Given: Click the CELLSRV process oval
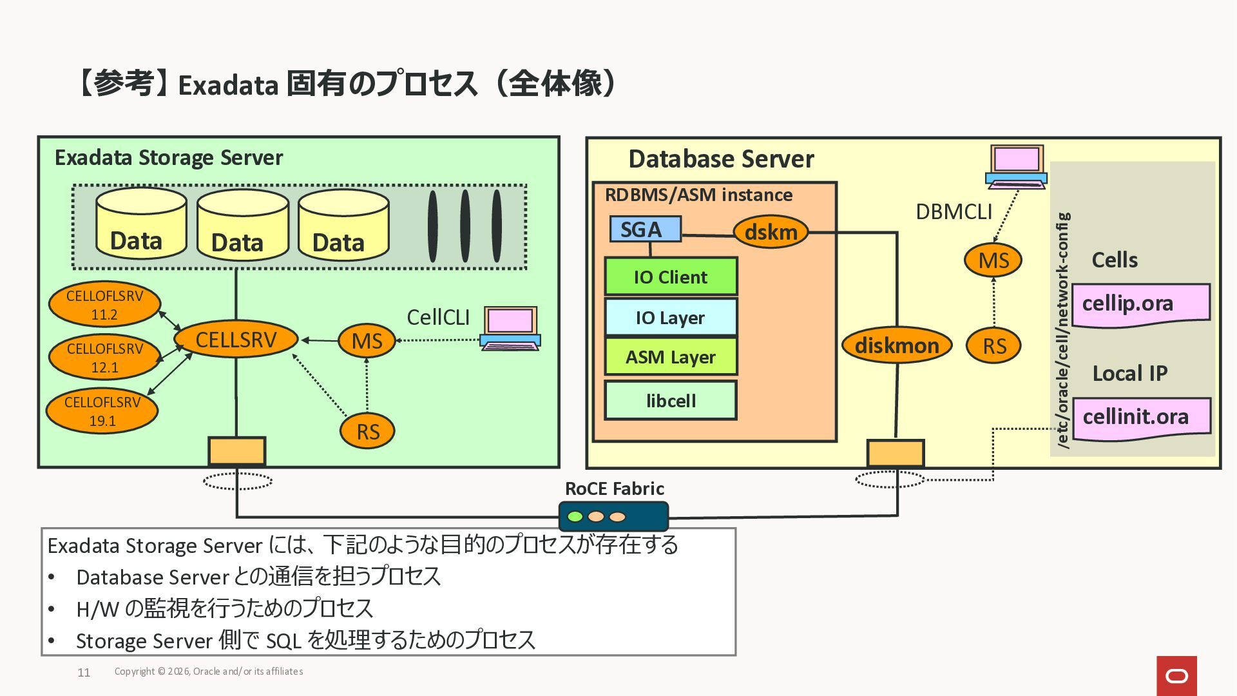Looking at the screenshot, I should pyautogui.click(x=236, y=340).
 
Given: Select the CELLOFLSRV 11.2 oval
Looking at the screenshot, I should pyautogui.click(x=104, y=305).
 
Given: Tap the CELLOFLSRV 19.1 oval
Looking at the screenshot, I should pyautogui.click(x=102, y=411).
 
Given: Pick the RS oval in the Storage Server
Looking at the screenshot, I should pyautogui.click(x=367, y=431).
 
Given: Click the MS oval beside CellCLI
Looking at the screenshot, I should pyautogui.click(x=367, y=340).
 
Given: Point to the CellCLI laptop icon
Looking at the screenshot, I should pyautogui.click(x=510, y=329).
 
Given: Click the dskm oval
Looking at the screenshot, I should pyautogui.click(x=771, y=232).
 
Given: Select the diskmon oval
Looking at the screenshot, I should pyautogui.click(x=896, y=345).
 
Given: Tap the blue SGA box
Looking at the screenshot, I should pyautogui.click(x=645, y=229).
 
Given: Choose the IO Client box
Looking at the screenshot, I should pyautogui.click(x=671, y=277).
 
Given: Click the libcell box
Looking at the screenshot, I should pyautogui.click(x=671, y=400).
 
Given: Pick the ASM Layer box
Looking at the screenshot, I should pyautogui.click(x=671, y=357).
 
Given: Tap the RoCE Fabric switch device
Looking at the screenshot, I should pyautogui.click(x=613, y=516).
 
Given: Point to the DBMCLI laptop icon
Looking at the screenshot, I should pyautogui.click(x=1016, y=167).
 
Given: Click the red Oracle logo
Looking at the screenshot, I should pyautogui.click(x=1176, y=676).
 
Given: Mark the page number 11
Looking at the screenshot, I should pyautogui.click(x=84, y=673).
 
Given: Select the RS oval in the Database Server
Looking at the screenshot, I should pyautogui.click(x=993, y=346).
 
